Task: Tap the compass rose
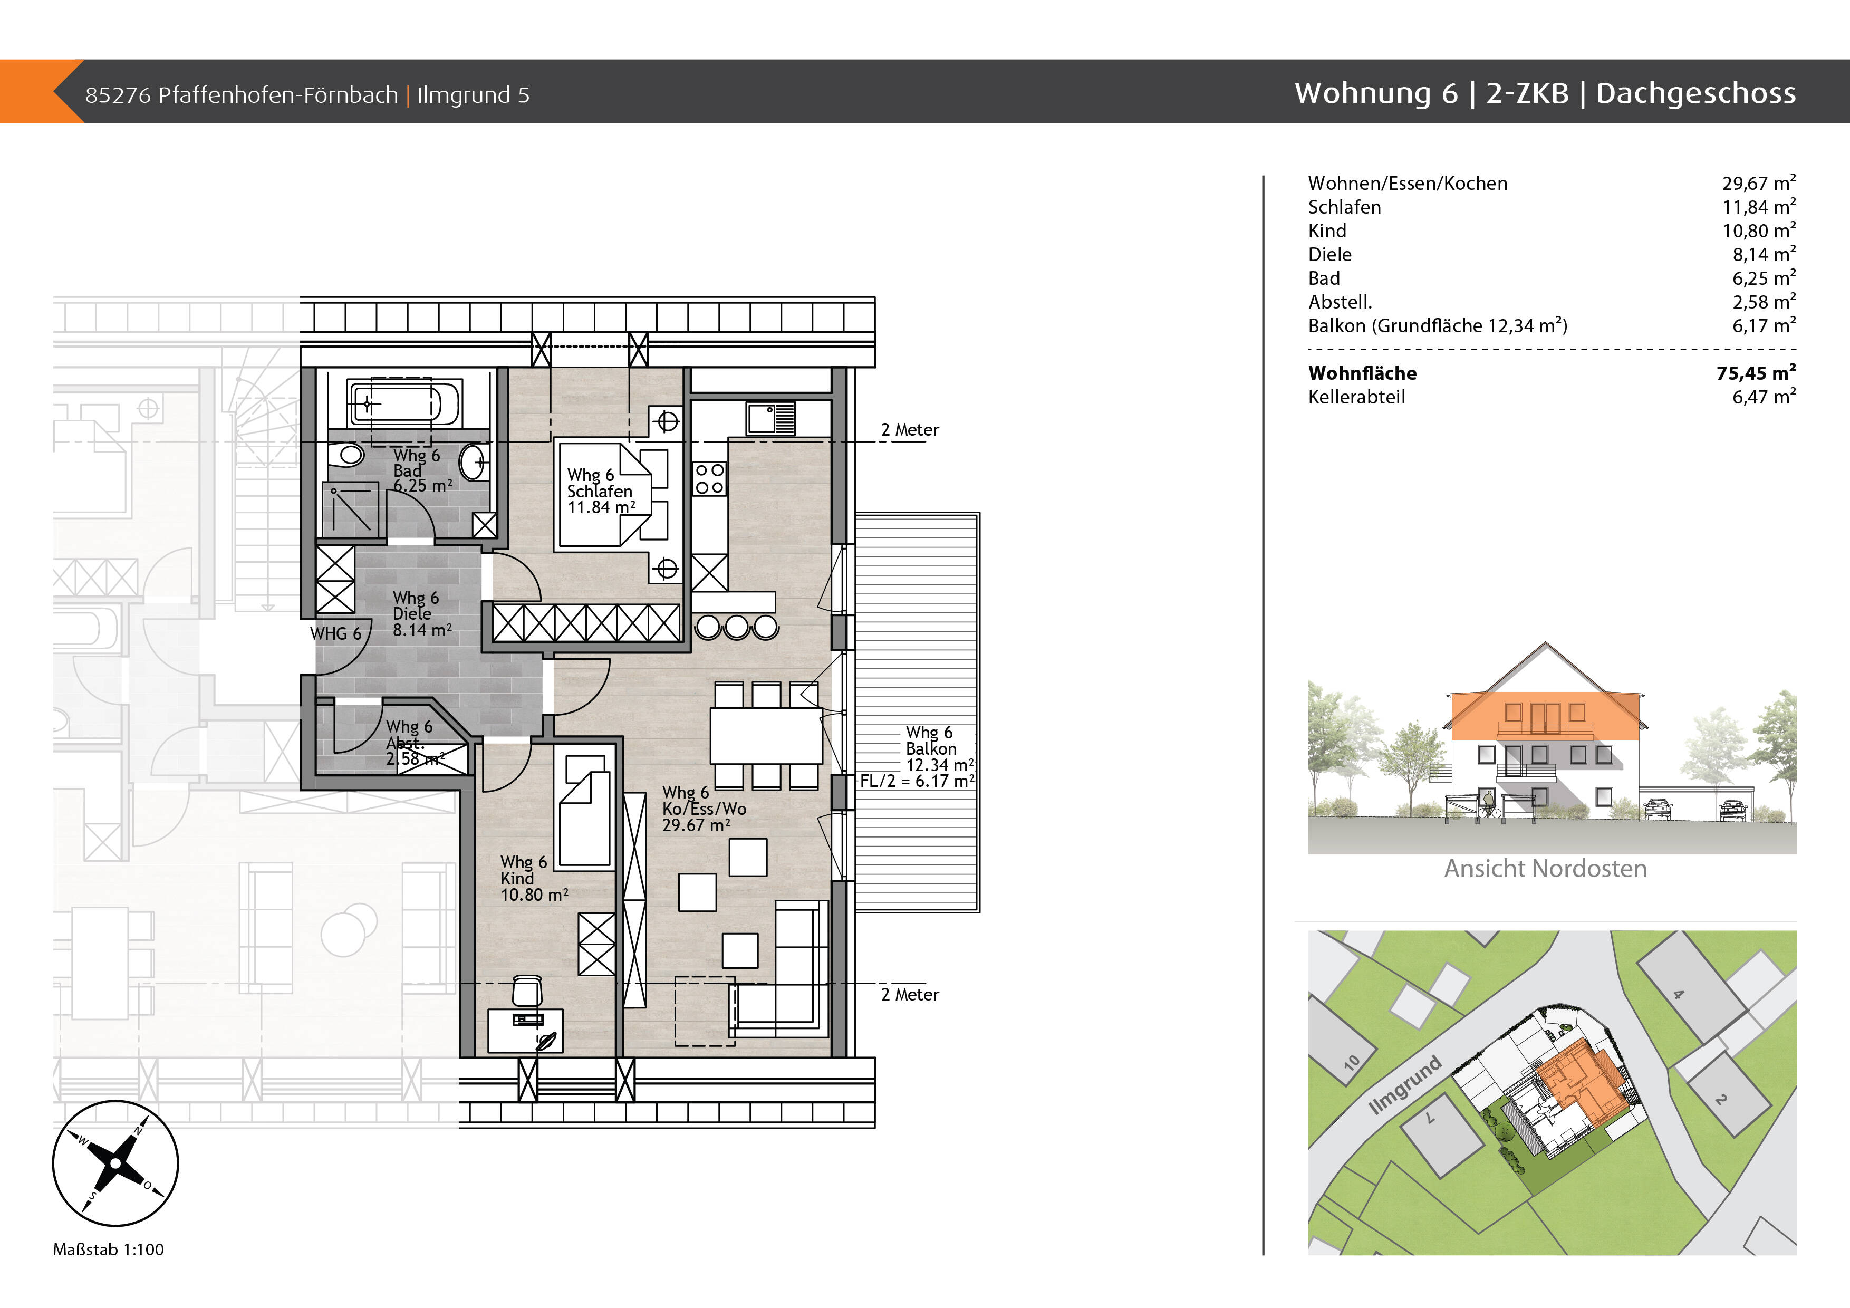115,1163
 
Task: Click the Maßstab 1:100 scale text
108,1249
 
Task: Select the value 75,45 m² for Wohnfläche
1756,372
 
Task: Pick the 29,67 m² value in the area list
1759,183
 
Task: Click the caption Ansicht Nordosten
1545,868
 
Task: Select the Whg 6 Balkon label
931,740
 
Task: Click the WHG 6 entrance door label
335,633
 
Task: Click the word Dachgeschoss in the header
1696,93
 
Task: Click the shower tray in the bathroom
351,510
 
